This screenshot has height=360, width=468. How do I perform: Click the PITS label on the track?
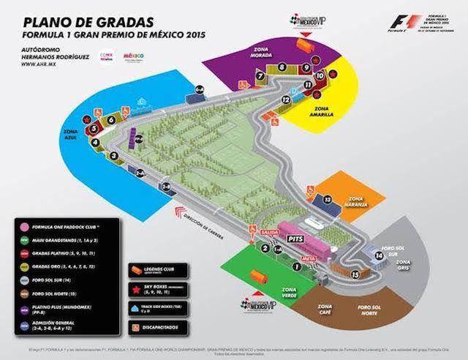[295, 239]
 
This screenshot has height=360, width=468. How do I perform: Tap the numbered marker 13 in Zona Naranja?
[328, 199]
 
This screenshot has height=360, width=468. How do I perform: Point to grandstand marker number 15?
[355, 274]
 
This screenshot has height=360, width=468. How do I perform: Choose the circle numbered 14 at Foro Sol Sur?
[379, 255]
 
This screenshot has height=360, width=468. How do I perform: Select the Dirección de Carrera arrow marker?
[177, 211]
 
